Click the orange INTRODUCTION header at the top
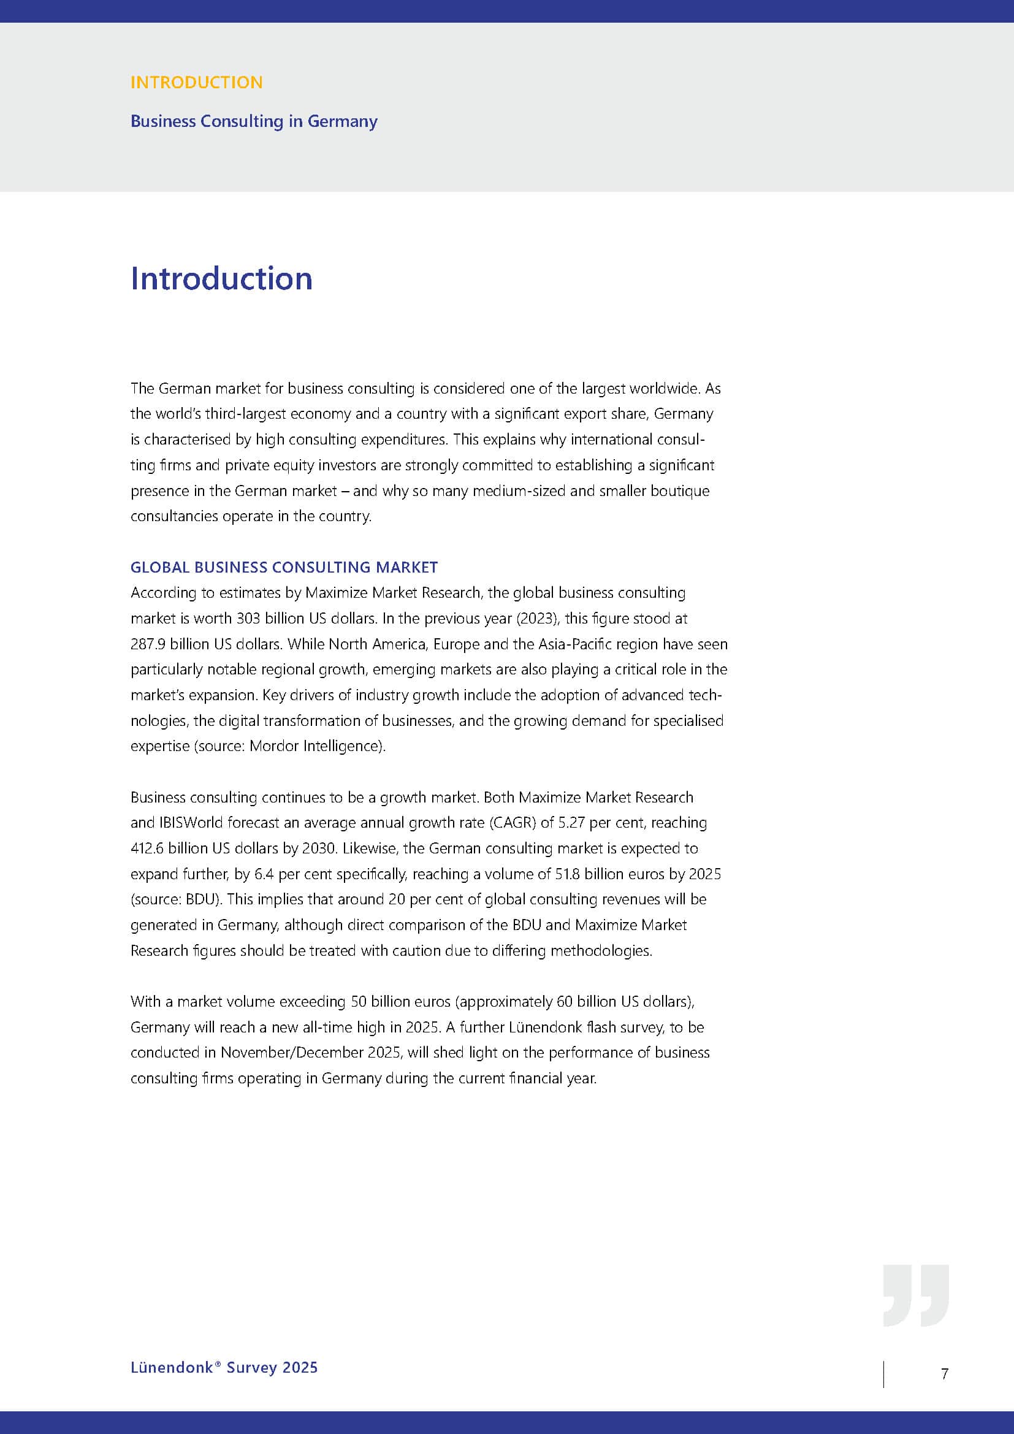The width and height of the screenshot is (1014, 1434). [196, 82]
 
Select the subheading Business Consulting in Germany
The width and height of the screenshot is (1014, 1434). [254, 121]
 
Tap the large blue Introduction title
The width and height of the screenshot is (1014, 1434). [221, 278]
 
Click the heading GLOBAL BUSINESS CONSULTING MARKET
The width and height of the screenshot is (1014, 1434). [284, 567]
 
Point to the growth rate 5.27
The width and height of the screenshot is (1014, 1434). [571, 823]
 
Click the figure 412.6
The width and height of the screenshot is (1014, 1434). [147, 848]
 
